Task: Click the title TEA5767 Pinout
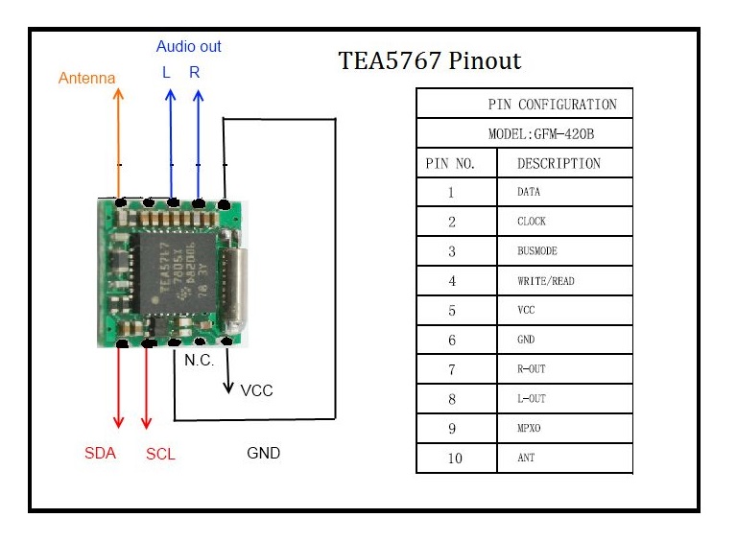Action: [x=429, y=61]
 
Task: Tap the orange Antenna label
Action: [x=86, y=78]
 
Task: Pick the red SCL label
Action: [x=160, y=454]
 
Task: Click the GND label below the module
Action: [x=263, y=453]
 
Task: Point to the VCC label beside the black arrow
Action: [x=257, y=390]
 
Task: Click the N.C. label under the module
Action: [x=200, y=362]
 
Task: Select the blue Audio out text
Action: [x=189, y=46]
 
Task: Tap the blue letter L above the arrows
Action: [x=166, y=72]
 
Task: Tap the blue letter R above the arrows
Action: [x=195, y=72]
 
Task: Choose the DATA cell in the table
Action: [x=529, y=192]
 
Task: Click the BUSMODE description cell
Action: [x=536, y=251]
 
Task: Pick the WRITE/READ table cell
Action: [x=545, y=281]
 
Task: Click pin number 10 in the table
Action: [x=455, y=458]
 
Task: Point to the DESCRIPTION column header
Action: [x=559, y=163]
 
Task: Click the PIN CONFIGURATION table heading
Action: [x=552, y=104]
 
